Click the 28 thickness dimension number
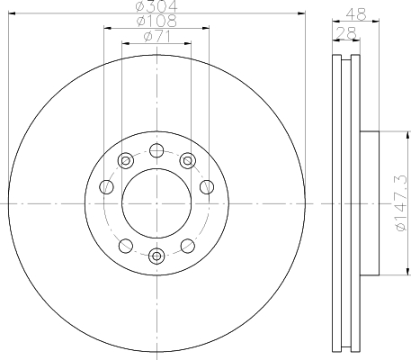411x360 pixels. coord(343,33)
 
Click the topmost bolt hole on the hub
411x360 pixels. coord(156,150)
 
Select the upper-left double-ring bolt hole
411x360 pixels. coord(126,161)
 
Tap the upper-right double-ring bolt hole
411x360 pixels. coord(187,161)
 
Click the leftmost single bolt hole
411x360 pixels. coord(105,187)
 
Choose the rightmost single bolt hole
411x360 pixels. coord(207,187)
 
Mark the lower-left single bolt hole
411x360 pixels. coord(125,246)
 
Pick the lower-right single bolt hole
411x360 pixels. coord(187,246)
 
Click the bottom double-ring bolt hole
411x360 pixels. coord(156,256)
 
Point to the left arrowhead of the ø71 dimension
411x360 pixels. coord(124,44)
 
